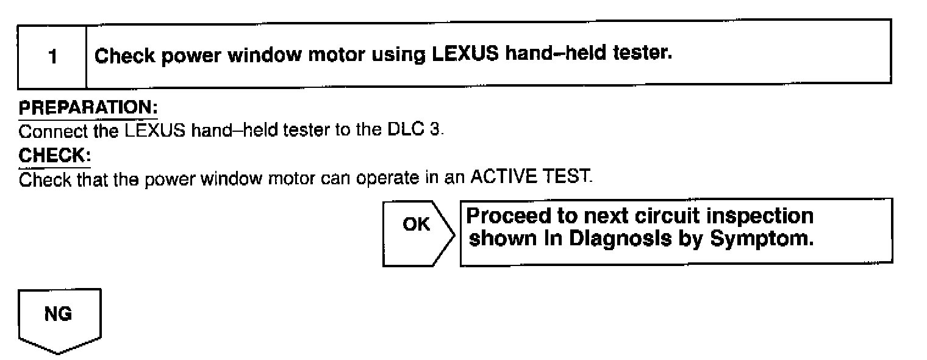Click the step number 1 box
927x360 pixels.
53,57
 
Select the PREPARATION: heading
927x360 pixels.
88,108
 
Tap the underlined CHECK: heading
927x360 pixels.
54,156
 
